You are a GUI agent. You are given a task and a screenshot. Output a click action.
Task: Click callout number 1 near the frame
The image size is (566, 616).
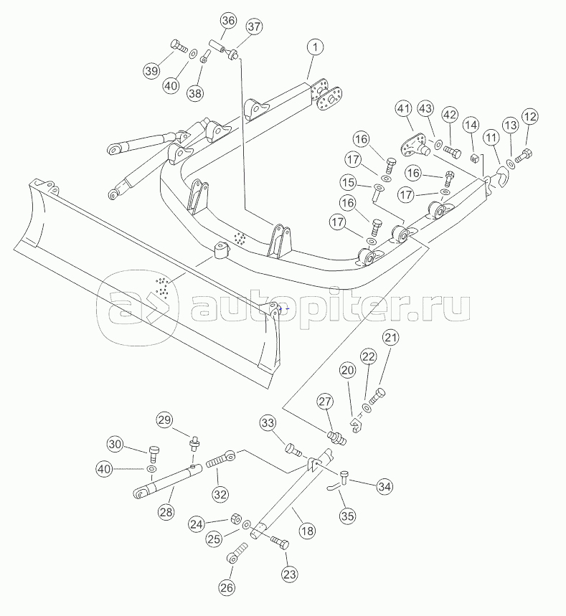[x=315, y=47]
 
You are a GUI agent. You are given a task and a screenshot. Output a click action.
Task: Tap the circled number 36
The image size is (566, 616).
[x=228, y=21]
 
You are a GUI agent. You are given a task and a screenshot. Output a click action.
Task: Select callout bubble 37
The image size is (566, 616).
[x=254, y=27]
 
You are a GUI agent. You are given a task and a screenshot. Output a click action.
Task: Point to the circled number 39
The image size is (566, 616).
[x=151, y=71]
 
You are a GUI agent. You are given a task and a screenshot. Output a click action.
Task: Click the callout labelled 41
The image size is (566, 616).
[x=403, y=109]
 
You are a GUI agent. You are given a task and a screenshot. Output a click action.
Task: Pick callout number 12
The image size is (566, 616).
[x=529, y=117]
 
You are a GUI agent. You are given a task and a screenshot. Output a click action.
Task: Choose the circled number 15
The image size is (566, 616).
[x=348, y=183]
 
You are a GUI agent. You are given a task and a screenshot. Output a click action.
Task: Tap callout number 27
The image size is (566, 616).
[x=326, y=402]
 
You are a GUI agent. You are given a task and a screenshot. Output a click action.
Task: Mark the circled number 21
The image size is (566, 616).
[x=391, y=338]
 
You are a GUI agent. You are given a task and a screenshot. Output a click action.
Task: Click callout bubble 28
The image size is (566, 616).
[x=166, y=512]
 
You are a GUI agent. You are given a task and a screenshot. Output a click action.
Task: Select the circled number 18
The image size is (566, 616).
[x=307, y=531]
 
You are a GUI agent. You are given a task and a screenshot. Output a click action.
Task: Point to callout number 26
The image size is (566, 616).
[x=227, y=588]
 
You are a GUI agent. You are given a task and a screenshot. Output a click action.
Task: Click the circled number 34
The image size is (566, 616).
[x=385, y=487]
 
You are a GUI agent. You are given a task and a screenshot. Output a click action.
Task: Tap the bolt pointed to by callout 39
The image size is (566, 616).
[x=179, y=47]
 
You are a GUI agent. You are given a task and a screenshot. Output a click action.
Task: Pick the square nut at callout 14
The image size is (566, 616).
[x=474, y=158]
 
